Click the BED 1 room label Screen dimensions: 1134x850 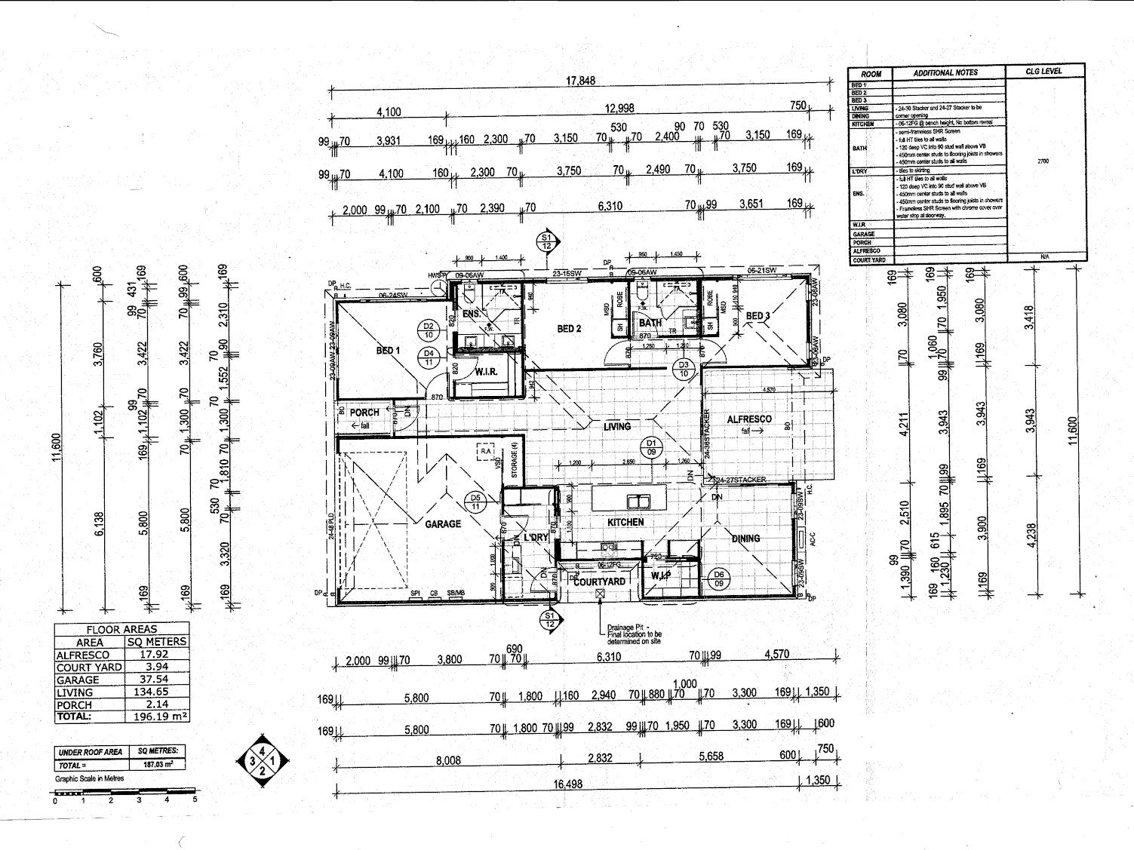388,351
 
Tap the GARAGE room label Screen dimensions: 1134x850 443,523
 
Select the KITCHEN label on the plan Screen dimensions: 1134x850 626,522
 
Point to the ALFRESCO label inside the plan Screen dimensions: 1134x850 749,419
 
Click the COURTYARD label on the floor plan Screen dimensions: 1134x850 600,581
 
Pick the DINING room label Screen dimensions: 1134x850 745,539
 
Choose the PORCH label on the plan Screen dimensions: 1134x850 364,413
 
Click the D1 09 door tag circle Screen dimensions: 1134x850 652,447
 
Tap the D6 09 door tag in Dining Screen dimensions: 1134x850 718,578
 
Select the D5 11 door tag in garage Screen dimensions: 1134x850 475,502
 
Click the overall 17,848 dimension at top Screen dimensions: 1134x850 581,81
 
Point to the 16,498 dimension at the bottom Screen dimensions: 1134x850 567,784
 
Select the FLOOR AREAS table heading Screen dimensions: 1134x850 121,629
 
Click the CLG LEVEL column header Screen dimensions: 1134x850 1044,72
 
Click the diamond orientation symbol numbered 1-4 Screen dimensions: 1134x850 262,759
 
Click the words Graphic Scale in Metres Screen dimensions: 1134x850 89,778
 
